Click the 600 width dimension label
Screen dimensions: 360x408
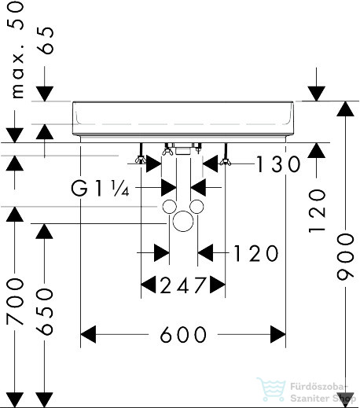(183, 335)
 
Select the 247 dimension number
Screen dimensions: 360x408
(182, 285)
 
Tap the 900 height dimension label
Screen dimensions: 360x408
(346, 257)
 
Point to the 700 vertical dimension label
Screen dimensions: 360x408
(15, 302)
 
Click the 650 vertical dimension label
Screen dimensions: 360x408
(45, 311)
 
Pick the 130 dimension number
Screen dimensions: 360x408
(278, 164)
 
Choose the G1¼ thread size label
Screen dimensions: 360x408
(101, 188)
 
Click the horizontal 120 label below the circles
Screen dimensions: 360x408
(255, 253)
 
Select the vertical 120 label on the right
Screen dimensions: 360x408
(317, 211)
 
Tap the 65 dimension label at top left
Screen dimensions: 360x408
(45, 40)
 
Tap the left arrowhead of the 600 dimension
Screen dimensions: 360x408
(88, 334)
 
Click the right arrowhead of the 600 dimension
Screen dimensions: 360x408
(277, 334)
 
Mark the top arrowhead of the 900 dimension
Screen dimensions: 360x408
(345, 108)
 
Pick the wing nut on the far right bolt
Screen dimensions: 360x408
(226, 163)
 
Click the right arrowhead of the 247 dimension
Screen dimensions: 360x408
(218, 285)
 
